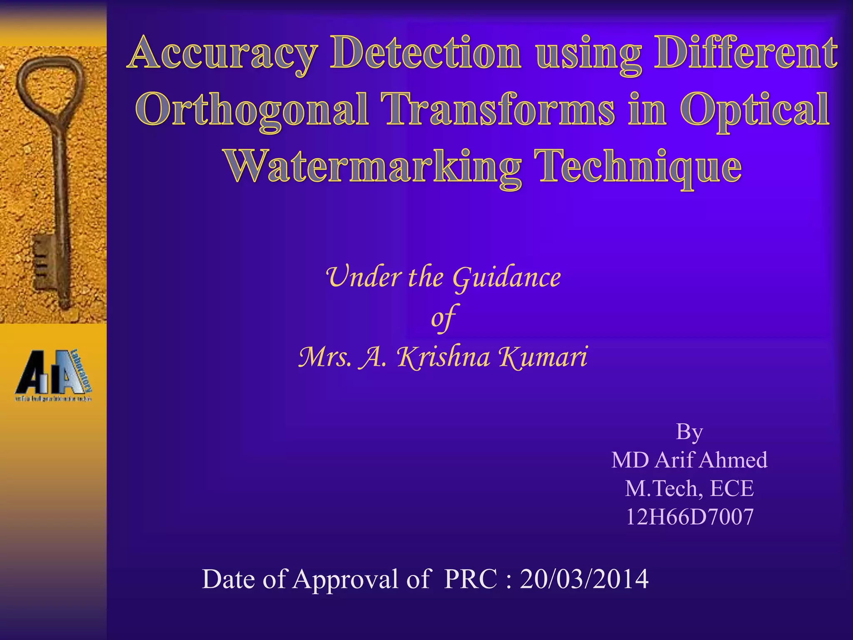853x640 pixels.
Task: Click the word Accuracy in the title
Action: tap(223, 54)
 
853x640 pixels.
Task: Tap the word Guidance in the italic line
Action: tap(506, 277)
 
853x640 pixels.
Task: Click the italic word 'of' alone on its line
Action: tap(443, 317)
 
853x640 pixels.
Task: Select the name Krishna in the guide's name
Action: tap(443, 357)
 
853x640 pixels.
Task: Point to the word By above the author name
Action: tap(689, 432)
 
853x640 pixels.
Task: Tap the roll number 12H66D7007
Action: tap(689, 517)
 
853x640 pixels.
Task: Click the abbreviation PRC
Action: tap(470, 579)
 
